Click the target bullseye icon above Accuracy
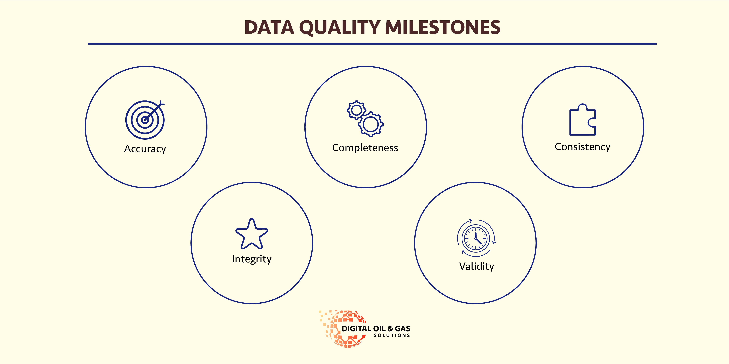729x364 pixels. tap(145, 120)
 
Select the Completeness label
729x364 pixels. tap(365, 147)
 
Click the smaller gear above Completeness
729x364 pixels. tap(356, 110)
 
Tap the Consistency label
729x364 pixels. tap(582, 147)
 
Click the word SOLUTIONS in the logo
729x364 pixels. tap(392, 335)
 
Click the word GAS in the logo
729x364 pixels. tap(402, 329)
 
